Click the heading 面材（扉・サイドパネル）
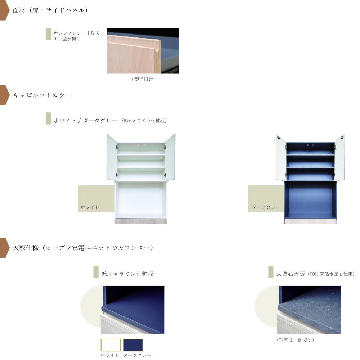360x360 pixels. tap(50, 10)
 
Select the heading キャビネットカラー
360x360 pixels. tap(42, 95)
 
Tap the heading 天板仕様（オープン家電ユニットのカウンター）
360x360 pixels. tap(83, 248)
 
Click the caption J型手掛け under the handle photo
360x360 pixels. tap(142, 80)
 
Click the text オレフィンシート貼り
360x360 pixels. tap(77, 33)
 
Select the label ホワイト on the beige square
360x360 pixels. tap(90, 207)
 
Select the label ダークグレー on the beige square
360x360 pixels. tap(266, 207)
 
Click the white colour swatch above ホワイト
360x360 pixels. tap(111, 345)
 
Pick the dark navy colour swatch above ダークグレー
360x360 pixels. tap(133, 345)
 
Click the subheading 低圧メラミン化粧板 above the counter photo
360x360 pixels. tap(127, 274)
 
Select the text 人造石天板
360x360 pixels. tap(291, 274)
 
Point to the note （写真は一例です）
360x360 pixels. tap(296, 340)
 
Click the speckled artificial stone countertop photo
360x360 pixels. tap(309, 310)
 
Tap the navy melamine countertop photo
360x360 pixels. tap(132, 310)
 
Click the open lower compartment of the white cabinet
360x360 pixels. tap(141, 200)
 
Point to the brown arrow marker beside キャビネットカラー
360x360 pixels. tap(4, 95)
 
